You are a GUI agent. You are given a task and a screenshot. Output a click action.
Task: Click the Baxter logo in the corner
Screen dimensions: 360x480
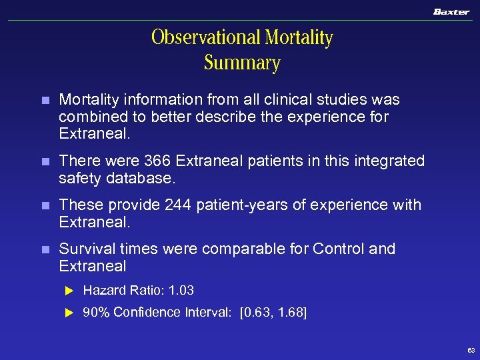[x=451, y=11]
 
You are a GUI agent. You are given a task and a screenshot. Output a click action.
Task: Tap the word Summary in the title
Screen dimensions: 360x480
[x=242, y=63]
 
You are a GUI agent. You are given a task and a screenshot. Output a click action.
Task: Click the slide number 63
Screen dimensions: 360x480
[x=471, y=350]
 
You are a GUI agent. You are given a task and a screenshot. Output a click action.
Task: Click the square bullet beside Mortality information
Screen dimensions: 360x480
[x=45, y=101]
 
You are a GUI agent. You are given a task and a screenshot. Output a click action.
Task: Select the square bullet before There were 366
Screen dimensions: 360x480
[x=45, y=161]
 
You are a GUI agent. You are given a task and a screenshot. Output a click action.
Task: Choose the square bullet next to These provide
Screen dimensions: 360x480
[x=45, y=205]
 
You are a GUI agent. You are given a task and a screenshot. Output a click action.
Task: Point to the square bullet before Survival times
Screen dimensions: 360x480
[x=45, y=249]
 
